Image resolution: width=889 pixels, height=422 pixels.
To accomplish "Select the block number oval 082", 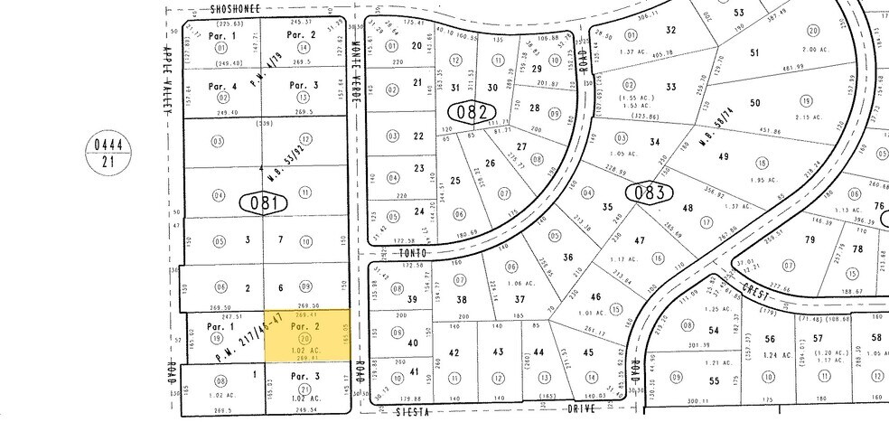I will tap(473, 113).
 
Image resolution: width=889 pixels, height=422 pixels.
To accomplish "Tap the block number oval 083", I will tap(649, 192).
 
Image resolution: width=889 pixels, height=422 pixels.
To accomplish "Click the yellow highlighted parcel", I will tap(305, 335).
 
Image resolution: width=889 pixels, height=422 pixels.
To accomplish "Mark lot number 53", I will tap(739, 13).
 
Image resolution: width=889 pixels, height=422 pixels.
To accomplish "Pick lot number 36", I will tap(568, 258).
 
